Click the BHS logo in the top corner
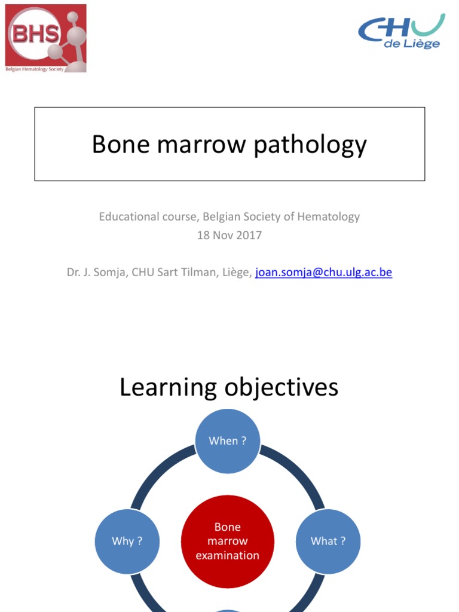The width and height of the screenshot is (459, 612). (45, 38)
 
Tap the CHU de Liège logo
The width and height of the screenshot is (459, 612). (402, 31)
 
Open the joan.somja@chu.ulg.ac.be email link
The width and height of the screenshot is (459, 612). (323, 273)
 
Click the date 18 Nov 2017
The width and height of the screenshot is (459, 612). (229, 235)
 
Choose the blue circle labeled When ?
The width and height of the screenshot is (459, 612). (228, 440)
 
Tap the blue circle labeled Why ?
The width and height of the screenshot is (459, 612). (127, 541)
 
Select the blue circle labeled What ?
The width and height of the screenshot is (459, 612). (328, 541)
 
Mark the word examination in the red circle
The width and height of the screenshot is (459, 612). (228, 555)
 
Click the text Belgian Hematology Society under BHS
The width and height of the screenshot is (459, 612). (34, 69)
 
